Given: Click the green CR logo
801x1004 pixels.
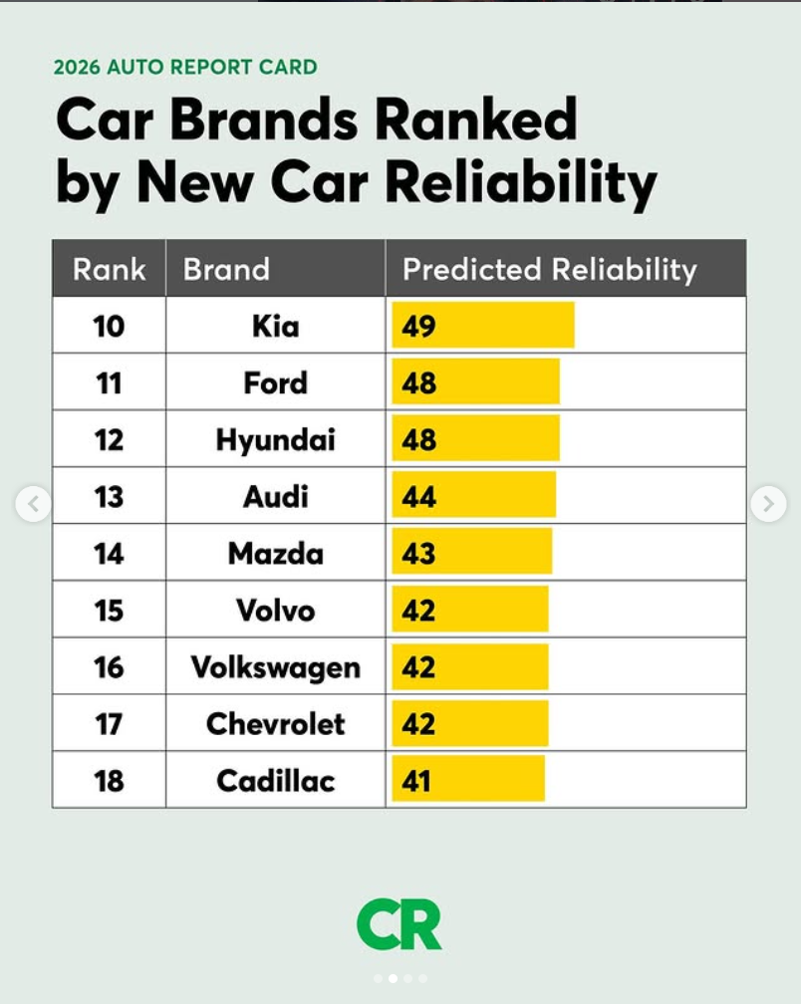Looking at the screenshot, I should point(399,924).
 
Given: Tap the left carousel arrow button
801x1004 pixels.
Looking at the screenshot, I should point(33,504).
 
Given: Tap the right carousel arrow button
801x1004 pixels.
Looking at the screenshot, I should point(768,504).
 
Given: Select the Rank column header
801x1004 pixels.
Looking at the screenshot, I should point(109,269).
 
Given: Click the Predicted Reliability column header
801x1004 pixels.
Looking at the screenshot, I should point(549,269).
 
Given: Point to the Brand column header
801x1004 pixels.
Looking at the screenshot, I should point(226,269).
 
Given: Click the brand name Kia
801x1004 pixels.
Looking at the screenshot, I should point(275,326).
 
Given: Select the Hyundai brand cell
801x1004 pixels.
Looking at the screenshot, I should point(275,439).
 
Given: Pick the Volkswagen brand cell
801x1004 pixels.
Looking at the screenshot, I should point(275,666).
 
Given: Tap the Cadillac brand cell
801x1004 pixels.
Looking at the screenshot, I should point(275,780).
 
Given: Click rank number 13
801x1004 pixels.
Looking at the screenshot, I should point(109,496).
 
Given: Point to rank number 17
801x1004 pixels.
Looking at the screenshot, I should point(109,723).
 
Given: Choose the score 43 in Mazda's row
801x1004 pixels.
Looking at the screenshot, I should point(418,553).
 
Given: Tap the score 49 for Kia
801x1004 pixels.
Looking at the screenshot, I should point(418,326).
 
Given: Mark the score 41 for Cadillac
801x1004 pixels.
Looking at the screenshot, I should point(416,780).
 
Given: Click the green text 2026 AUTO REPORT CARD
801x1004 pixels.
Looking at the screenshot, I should point(185,68).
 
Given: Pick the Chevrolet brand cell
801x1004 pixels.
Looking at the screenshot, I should point(275,723).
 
